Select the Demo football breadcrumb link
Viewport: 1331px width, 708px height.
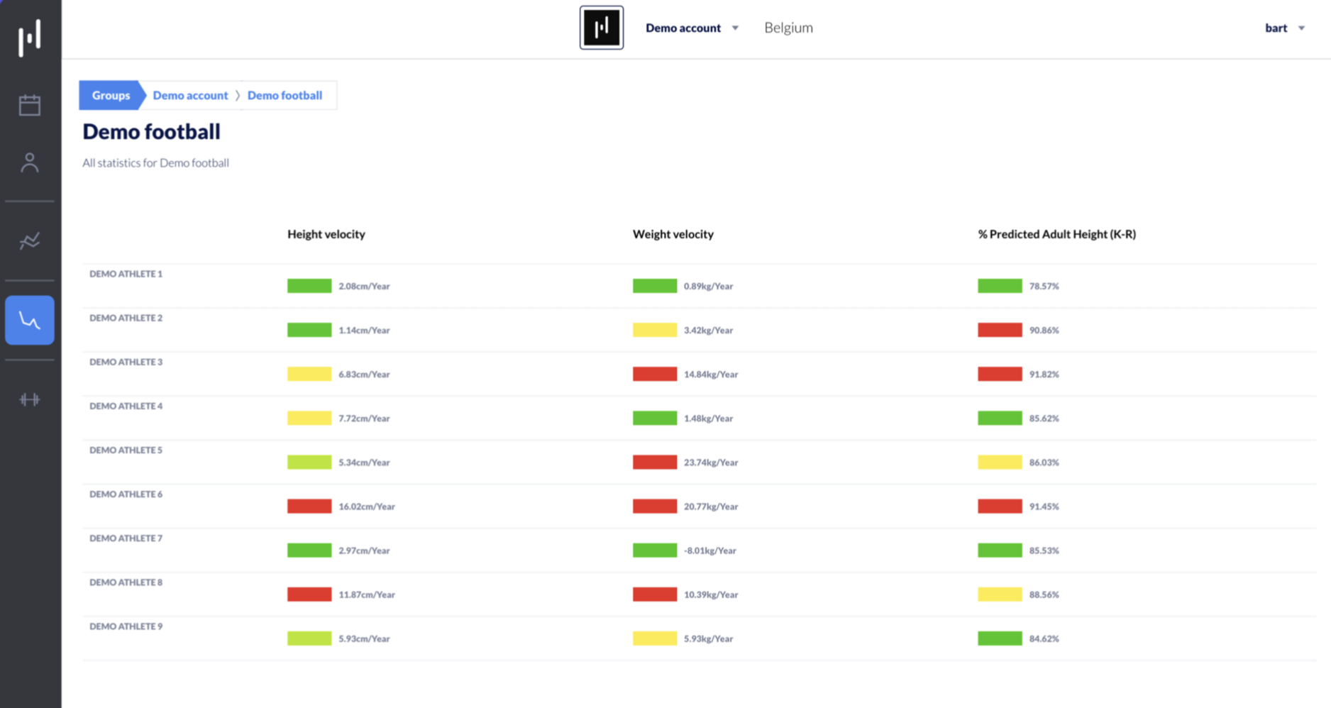(x=285, y=95)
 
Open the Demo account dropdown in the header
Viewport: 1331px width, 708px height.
(x=692, y=28)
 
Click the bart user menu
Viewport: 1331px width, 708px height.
(x=1285, y=28)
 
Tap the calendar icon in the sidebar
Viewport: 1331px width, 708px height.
(x=30, y=105)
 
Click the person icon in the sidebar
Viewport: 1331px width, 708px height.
(x=30, y=162)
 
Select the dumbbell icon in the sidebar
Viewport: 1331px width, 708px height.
(x=30, y=399)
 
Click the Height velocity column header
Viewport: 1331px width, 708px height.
(x=326, y=234)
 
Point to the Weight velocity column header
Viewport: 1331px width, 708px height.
(x=673, y=234)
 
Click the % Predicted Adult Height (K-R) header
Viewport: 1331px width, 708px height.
(x=1056, y=234)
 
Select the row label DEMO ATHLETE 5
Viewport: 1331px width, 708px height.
(x=126, y=450)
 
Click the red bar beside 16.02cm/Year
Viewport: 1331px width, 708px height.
(x=309, y=506)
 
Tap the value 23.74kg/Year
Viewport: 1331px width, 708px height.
(x=711, y=463)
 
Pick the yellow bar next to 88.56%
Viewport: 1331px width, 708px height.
(x=1000, y=594)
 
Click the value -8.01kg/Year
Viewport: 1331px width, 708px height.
(x=710, y=551)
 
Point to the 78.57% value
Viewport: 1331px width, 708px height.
(x=1044, y=286)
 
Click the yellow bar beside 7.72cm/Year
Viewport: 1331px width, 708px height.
(x=309, y=418)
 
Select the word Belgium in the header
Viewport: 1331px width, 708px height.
(x=788, y=28)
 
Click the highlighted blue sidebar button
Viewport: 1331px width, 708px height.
(x=30, y=320)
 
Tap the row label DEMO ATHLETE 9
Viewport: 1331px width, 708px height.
(x=126, y=626)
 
